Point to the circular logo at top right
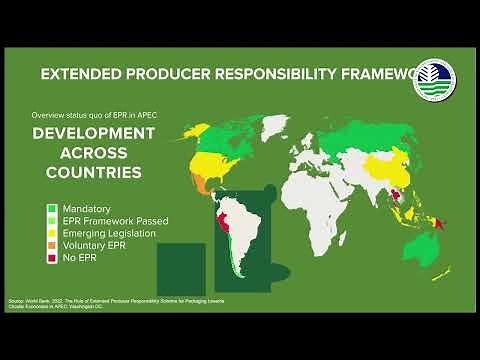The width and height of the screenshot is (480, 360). [433, 80]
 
